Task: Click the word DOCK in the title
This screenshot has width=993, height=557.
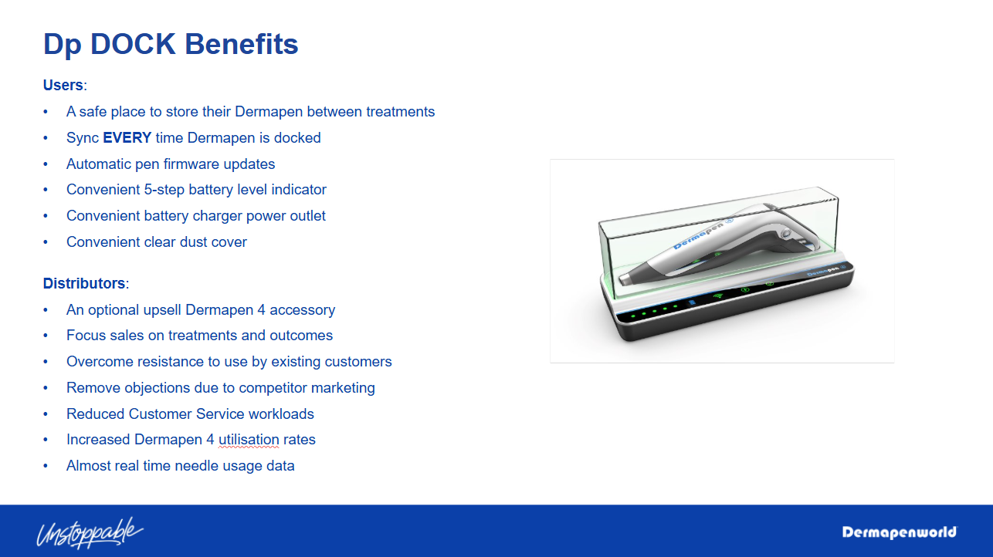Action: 133,44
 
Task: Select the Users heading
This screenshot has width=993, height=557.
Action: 63,85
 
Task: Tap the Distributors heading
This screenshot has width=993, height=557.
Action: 84,283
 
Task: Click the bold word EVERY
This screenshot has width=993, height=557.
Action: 127,137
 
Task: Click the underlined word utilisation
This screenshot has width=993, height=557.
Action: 249,440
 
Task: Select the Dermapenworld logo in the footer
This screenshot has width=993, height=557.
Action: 900,532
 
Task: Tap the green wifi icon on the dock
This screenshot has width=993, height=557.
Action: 717,295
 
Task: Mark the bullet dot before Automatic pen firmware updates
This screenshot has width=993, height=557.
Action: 46,164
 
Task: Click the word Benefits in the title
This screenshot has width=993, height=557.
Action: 242,44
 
